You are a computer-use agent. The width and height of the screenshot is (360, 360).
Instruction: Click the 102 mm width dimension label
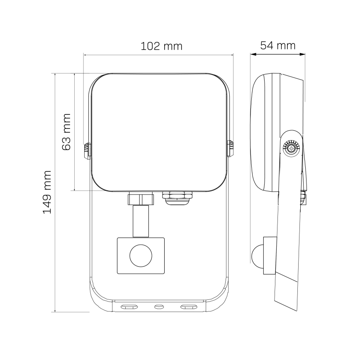click(x=161, y=46)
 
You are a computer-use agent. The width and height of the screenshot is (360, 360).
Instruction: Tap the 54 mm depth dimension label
click(x=278, y=45)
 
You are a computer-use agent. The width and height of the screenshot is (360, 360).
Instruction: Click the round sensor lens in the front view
click(x=141, y=255)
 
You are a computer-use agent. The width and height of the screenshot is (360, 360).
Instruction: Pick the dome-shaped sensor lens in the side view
click(x=257, y=255)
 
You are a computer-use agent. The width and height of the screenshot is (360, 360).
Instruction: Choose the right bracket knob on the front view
click(x=230, y=149)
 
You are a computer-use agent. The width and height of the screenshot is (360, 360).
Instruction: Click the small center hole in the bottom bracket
click(x=159, y=307)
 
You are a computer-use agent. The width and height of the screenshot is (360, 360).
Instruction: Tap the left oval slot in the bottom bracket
click(x=129, y=307)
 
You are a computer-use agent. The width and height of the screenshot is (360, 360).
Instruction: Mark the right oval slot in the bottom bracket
click(x=188, y=307)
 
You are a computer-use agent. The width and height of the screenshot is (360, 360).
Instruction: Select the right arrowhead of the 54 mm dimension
click(x=304, y=54)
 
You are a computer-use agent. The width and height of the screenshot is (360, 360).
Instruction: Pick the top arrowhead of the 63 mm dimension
click(x=75, y=75)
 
